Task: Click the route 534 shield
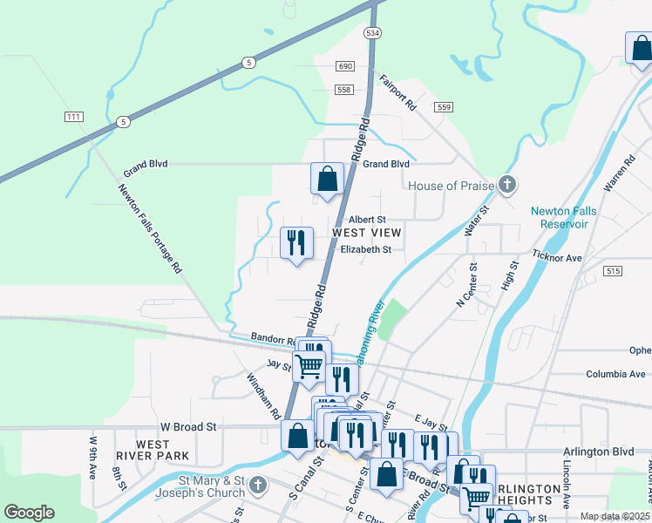pos(373,33)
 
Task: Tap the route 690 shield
pos(345,67)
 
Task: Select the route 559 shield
pos(445,107)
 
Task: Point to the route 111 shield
pos(73,117)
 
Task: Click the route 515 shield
pos(613,272)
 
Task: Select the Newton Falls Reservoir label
pos(573,217)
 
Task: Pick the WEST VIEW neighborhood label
pos(367,233)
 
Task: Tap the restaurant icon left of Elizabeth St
pos(296,243)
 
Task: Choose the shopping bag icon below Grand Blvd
pos(326,180)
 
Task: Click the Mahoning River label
pos(368,330)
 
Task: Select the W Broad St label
pos(187,427)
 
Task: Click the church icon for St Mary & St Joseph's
pos(256,485)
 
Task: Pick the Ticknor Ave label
pos(557,258)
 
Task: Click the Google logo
pos(29,513)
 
